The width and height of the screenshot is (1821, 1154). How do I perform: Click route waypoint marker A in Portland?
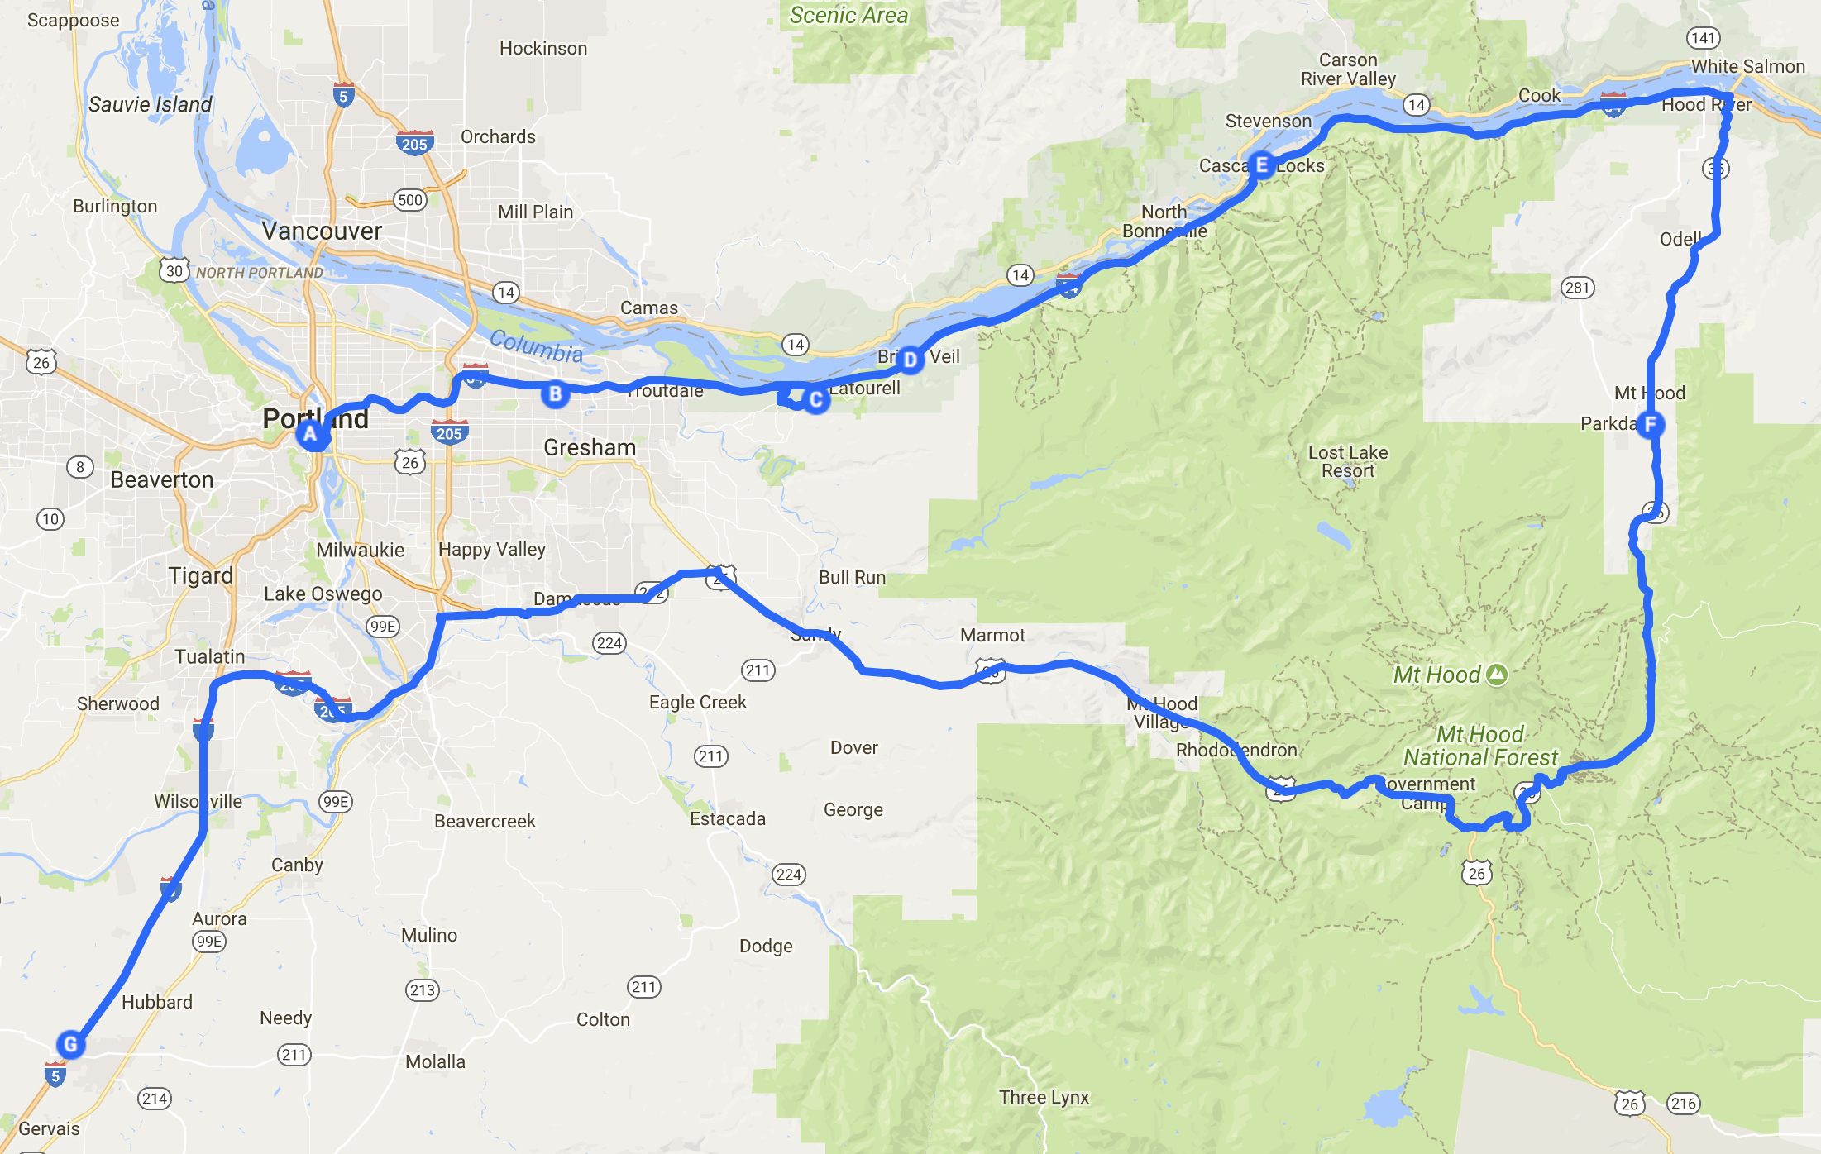tap(311, 434)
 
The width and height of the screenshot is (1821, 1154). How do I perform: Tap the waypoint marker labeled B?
tap(556, 394)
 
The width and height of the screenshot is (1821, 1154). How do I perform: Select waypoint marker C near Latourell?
tap(816, 400)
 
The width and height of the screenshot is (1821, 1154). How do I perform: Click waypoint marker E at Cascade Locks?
tap(1262, 165)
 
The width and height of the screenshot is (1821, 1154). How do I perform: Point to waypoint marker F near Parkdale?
tap(1651, 425)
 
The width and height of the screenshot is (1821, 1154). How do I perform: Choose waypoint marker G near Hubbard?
tap(70, 1044)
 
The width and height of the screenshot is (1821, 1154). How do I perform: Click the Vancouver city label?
tap(322, 231)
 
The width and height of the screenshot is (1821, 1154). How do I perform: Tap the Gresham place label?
tap(590, 447)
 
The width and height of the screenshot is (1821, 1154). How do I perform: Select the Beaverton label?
tap(162, 479)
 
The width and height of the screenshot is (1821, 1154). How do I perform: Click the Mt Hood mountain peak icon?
tap(1497, 675)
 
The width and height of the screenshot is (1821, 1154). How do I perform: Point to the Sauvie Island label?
tap(151, 104)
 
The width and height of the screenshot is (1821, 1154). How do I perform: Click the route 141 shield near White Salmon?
tap(1703, 38)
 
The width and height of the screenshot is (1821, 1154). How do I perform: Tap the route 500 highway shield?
tap(410, 200)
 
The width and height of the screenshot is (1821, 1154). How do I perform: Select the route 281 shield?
tap(1577, 288)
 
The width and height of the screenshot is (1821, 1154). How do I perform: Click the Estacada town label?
tap(728, 818)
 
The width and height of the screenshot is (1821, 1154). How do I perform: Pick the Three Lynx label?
tap(1044, 1097)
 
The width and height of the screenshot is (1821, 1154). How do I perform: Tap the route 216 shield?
tap(1683, 1104)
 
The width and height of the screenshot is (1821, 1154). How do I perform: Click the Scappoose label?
tap(74, 21)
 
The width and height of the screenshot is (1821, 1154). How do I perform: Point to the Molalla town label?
tap(435, 1061)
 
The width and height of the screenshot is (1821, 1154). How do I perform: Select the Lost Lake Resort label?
tap(1348, 461)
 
